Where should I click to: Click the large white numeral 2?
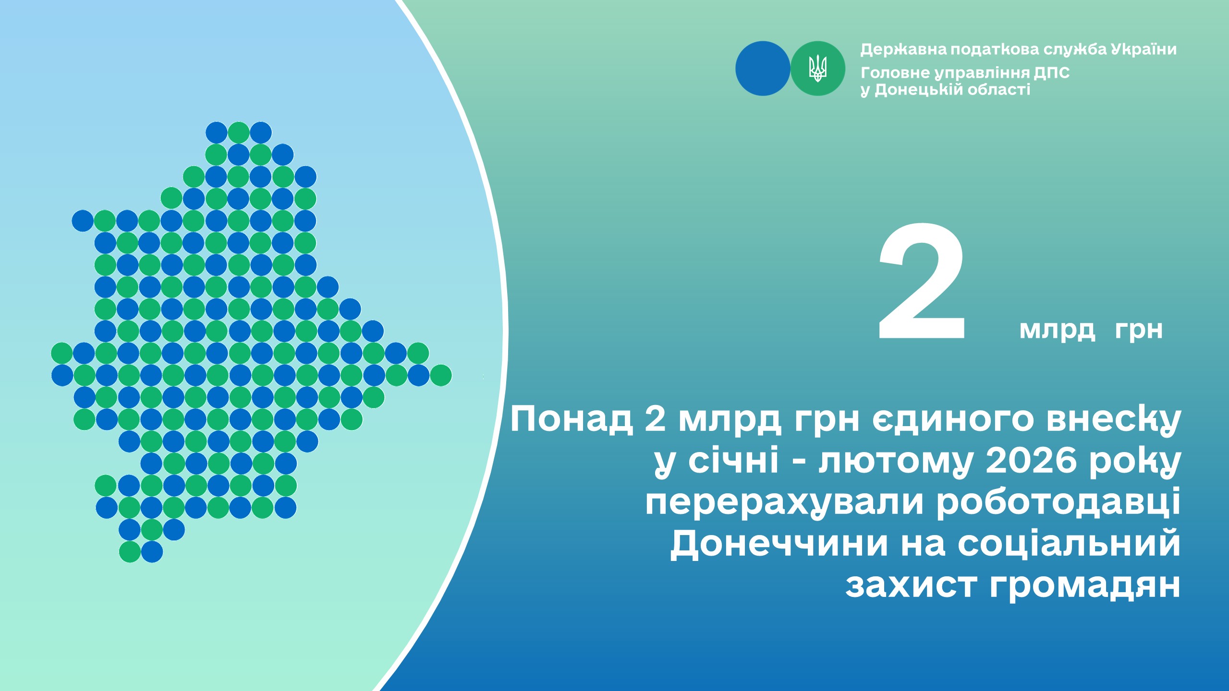pyautogui.click(x=921, y=282)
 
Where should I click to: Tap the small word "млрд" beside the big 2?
pyautogui.click(x=1057, y=331)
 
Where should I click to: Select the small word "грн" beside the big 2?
pyautogui.click(x=1139, y=331)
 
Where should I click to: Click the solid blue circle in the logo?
pyautogui.click(x=763, y=68)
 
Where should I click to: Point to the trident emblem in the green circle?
pyautogui.click(x=817, y=68)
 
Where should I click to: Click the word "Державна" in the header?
pyautogui.click(x=903, y=49)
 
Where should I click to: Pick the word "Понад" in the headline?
pyautogui.click(x=571, y=419)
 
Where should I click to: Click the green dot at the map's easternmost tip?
pyautogui.click(x=440, y=375)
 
